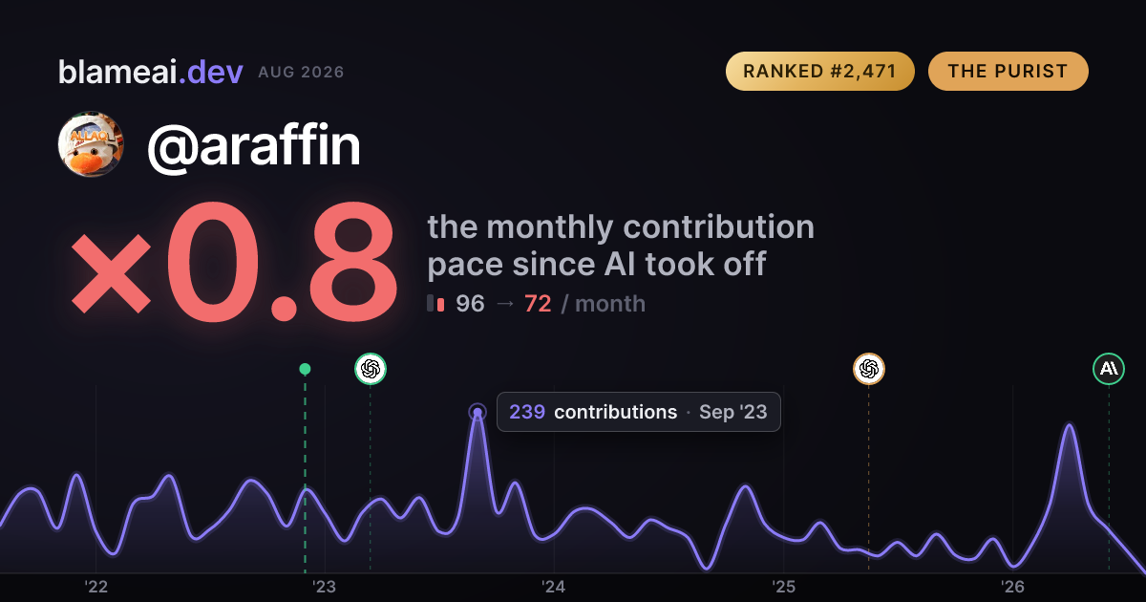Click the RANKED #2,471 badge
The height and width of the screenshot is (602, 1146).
pos(819,71)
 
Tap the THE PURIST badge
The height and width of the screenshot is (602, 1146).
pos(1008,71)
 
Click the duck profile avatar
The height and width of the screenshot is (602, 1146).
pos(91,144)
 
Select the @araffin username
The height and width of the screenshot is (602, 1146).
pos(254,146)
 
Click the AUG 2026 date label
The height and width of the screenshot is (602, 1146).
pos(301,73)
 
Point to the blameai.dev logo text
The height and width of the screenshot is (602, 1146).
pos(151,72)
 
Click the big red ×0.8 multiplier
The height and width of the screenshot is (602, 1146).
pos(234,262)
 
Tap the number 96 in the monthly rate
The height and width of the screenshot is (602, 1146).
pos(470,304)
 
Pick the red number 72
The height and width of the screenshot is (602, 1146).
pos(538,304)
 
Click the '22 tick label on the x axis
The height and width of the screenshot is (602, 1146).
pos(96,587)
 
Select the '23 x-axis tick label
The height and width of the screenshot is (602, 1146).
pos(325,587)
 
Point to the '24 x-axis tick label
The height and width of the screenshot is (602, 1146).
pos(554,587)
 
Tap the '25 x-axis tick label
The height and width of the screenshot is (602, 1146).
pos(783,587)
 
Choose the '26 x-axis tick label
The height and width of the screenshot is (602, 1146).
pos(1012,587)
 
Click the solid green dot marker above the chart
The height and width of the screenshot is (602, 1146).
pos(305,369)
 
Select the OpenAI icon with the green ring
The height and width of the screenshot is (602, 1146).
pos(371,369)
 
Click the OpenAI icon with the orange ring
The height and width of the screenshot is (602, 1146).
pos(869,369)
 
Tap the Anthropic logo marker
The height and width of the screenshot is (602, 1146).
pos(1109,369)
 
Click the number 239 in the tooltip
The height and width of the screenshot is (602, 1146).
pos(527,412)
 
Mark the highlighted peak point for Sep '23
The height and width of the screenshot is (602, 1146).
pos(477,412)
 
